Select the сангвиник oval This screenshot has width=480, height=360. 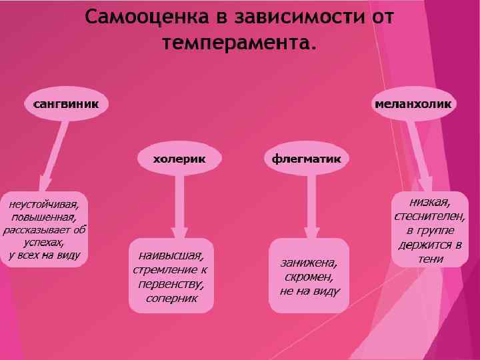(66, 105)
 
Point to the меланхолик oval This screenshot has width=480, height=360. (413, 105)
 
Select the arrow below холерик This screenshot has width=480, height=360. (179, 203)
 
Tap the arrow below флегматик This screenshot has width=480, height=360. (311, 203)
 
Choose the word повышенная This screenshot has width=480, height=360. (44, 217)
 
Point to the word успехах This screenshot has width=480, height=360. (44, 242)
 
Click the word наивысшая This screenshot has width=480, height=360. (171, 255)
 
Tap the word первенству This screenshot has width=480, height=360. (171, 284)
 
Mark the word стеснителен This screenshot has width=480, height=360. (430, 216)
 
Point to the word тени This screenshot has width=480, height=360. (430, 259)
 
